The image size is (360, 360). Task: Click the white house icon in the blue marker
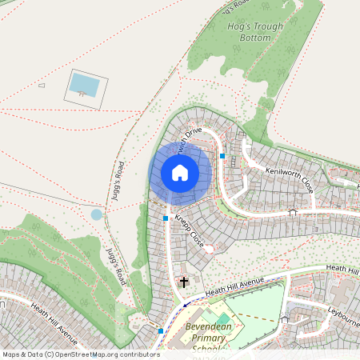pos(180,172)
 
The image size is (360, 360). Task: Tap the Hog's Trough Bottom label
pos(256,31)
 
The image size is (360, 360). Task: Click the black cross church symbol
pos(184,282)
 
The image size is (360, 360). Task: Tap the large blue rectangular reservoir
pos(85,84)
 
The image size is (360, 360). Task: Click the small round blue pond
pos(97,214)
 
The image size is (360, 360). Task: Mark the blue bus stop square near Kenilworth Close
pos(223,155)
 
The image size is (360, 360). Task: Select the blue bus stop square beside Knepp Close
pos(166,218)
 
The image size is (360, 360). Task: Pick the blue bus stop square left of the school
pos(161,330)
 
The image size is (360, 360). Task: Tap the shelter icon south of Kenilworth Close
pos(293,212)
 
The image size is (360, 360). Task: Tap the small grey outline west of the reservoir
pos(42,85)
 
